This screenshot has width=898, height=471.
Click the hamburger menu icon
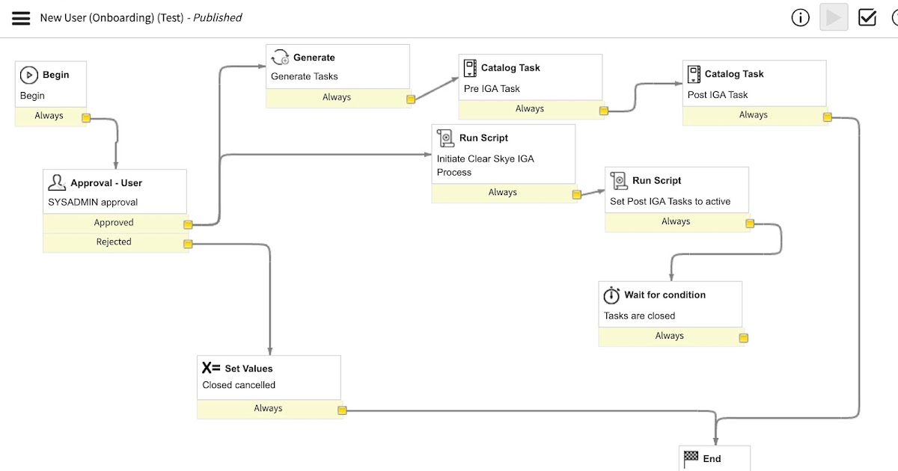[x=21, y=17]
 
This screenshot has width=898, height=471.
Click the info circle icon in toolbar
[x=800, y=17]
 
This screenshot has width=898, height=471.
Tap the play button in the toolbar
[x=833, y=17]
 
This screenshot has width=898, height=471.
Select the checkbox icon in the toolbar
[x=867, y=17]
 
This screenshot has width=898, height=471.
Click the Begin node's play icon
[x=28, y=75]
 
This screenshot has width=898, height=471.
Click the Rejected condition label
[x=114, y=241]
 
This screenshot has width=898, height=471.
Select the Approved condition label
[x=114, y=223]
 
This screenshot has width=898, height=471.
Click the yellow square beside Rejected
[x=188, y=244]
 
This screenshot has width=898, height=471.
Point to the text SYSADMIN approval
[x=93, y=202]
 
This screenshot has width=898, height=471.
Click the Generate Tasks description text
[x=305, y=76]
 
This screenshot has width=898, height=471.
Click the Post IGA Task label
[x=718, y=95]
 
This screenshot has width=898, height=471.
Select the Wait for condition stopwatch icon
[x=612, y=295]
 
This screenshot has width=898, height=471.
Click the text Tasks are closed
[x=639, y=315]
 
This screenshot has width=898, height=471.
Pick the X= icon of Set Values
[x=211, y=368]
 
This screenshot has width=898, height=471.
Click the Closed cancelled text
[x=239, y=385]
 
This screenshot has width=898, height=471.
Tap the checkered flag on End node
[x=691, y=458]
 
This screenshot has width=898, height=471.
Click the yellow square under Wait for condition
[x=743, y=338]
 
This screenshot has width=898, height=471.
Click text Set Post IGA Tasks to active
[x=670, y=201]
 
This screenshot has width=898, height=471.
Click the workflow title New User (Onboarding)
[x=112, y=17]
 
